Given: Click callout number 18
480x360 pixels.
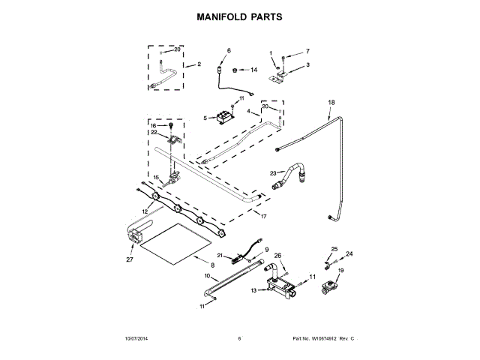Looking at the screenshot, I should pyautogui.click(x=331, y=101).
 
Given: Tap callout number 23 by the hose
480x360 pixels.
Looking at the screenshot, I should pyautogui.click(x=274, y=173).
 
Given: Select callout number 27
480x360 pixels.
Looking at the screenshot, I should pyautogui.click(x=129, y=259).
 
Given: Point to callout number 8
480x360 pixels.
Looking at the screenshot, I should pyautogui.click(x=212, y=265).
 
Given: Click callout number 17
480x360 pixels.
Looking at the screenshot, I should pyautogui.click(x=263, y=216).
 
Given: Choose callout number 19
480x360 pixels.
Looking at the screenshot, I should pyautogui.click(x=340, y=270).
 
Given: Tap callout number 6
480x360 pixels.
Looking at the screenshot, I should pyautogui.click(x=229, y=50).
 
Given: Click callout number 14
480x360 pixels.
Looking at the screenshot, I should pyautogui.click(x=253, y=70).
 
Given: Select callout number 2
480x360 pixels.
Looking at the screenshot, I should pyautogui.click(x=199, y=64).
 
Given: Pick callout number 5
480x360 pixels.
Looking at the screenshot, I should pyautogui.click(x=205, y=118).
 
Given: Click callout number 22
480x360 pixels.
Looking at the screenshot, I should pyautogui.click(x=153, y=133).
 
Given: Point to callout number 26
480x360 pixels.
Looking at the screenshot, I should pyautogui.click(x=277, y=256).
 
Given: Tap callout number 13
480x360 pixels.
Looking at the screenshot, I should pyautogui.click(x=253, y=289).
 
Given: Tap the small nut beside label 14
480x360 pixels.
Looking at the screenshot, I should pyautogui.click(x=234, y=69).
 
